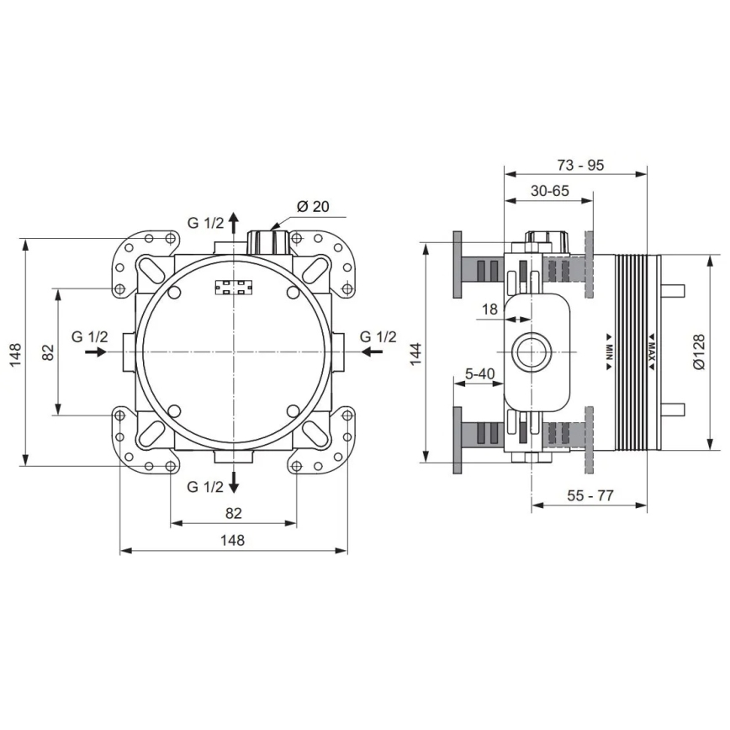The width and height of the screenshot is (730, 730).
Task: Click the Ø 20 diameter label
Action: [312, 206]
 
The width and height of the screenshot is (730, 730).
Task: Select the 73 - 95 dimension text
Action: [580, 165]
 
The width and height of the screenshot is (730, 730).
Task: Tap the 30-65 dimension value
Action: [550, 191]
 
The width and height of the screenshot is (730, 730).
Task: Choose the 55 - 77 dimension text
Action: [590, 495]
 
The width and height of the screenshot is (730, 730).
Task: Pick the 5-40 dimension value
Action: [479, 373]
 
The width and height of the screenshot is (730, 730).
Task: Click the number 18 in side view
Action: [489, 309]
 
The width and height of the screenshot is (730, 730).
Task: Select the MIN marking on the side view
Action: [608, 352]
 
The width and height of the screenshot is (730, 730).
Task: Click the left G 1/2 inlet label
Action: [89, 336]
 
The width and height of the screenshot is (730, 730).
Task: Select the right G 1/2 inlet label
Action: [378, 336]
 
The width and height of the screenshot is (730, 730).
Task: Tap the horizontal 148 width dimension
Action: [233, 541]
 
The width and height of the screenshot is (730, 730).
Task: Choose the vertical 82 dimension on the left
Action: [49, 352]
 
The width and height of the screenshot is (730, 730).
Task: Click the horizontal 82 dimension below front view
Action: [233, 513]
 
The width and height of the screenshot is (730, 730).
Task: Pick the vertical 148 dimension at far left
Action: [14, 352]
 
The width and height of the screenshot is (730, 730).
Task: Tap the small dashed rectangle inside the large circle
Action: [234, 287]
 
